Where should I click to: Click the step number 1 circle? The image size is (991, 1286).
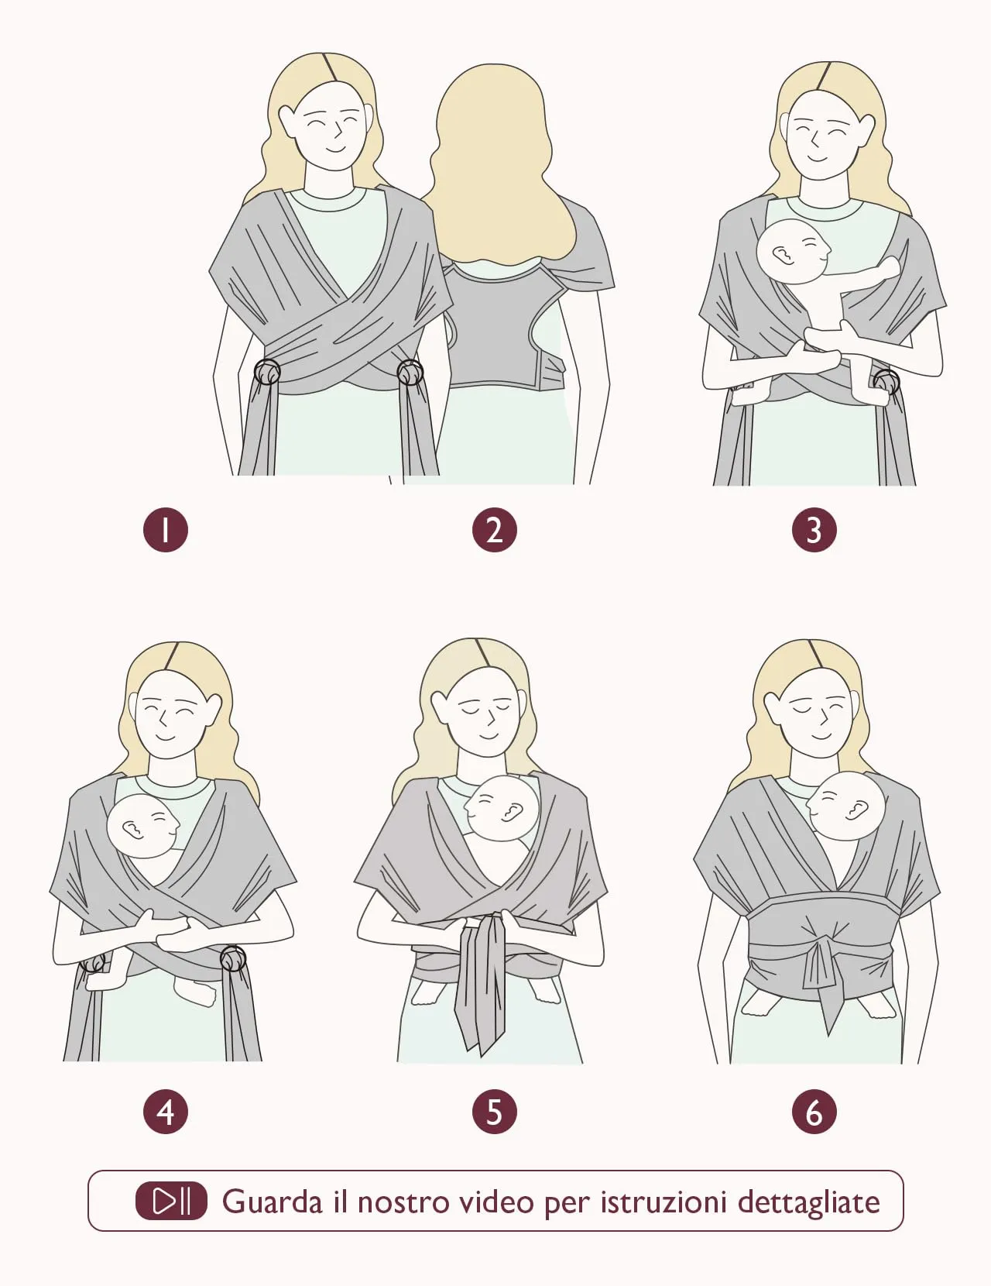click(x=166, y=530)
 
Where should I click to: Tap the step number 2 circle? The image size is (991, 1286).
click(x=494, y=530)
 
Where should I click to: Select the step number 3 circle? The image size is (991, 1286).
click(x=814, y=530)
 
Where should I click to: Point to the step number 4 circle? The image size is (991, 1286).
click(x=166, y=1112)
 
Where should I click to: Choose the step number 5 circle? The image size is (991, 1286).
click(x=494, y=1112)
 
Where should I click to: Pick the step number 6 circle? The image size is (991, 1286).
click(x=814, y=1112)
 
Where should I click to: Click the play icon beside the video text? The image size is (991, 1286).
click(x=171, y=1201)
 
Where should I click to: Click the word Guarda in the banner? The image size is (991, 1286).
click(x=272, y=1202)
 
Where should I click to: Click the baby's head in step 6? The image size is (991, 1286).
click(x=846, y=806)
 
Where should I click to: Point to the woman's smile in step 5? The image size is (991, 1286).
click(x=488, y=737)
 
